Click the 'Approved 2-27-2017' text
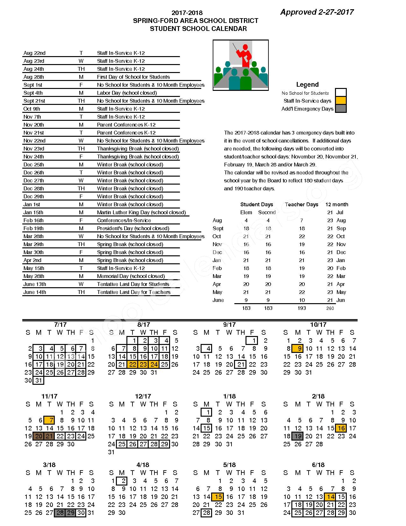(317, 12)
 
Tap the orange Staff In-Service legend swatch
(341, 101)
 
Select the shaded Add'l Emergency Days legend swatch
(341, 109)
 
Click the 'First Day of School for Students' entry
(133, 77)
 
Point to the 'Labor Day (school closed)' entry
(127, 93)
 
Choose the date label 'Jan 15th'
(33, 212)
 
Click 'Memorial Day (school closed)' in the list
(131, 276)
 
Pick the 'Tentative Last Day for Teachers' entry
(133, 292)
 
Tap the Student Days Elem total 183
(246, 308)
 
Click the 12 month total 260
(330, 308)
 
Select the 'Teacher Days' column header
(301, 204)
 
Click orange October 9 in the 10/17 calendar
(299, 348)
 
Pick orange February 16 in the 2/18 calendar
(341, 428)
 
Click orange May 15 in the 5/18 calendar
(218, 497)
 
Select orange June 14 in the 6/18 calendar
(330, 497)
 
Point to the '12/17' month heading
(143, 396)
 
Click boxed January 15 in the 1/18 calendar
(207, 428)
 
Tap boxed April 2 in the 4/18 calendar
(122, 481)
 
